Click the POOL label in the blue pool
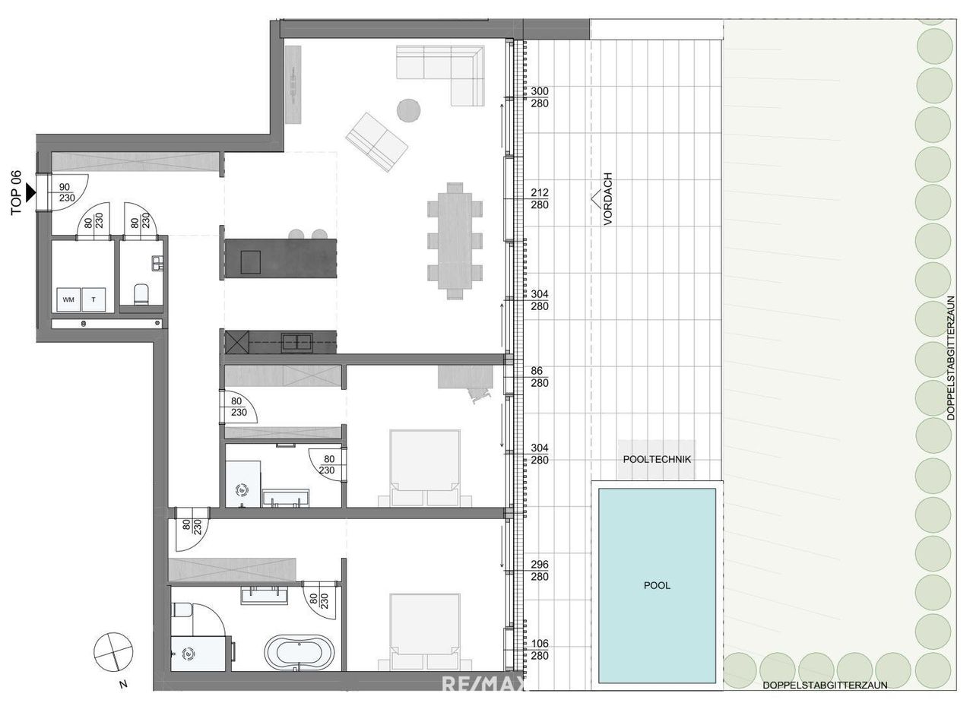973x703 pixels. [656, 585]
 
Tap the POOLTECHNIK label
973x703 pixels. [656, 459]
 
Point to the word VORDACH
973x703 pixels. [607, 198]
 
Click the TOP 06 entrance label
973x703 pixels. [16, 193]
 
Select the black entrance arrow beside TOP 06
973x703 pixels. [30, 193]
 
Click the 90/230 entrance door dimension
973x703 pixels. [67, 192]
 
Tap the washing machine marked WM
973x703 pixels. [68, 299]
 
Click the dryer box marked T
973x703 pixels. [93, 299]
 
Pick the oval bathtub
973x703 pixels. [299, 654]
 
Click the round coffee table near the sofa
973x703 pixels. [408, 110]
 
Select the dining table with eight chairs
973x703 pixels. [455, 241]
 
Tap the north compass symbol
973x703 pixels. [113, 651]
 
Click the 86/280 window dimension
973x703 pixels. [539, 376]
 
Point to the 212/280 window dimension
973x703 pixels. [540, 198]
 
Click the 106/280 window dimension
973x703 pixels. [540, 649]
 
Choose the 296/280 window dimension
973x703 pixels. [540, 570]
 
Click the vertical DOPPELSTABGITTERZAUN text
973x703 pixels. [950, 358]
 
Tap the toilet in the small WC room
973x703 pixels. [141, 293]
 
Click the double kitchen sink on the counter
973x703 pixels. [296, 342]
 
